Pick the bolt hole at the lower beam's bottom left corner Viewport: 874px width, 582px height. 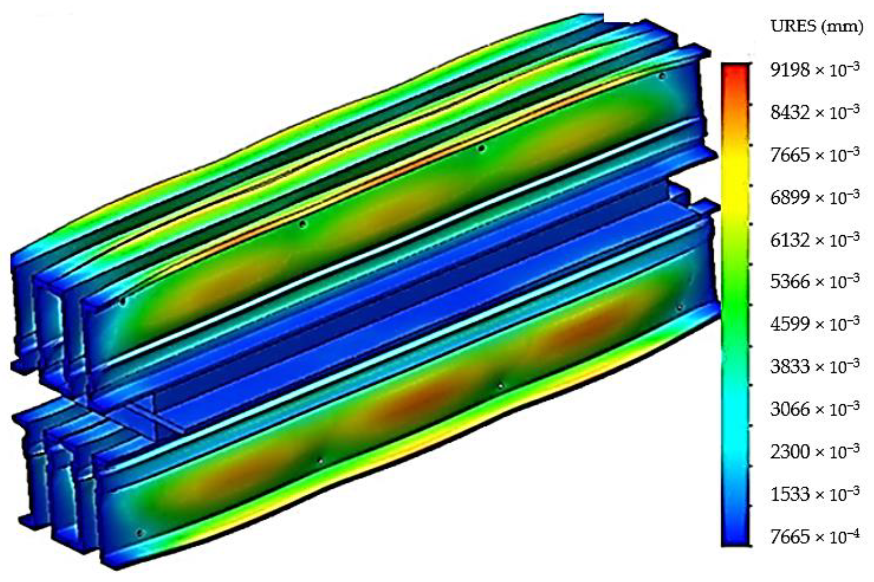(140, 533)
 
